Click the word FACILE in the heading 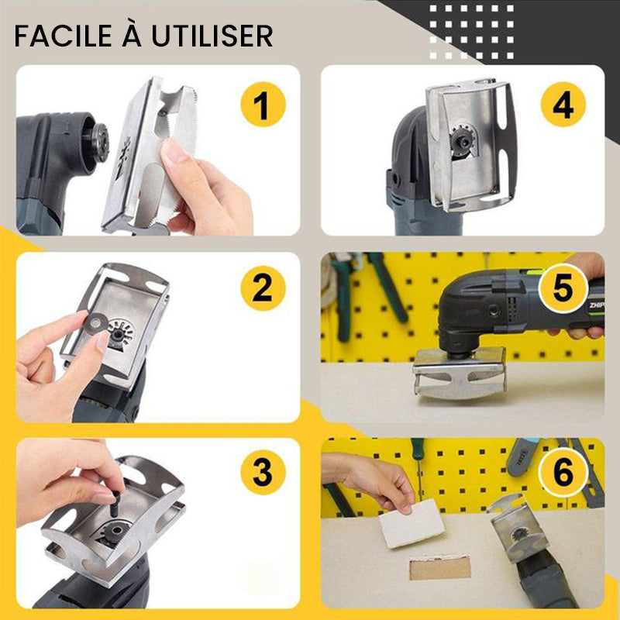pyautogui.click(x=64, y=36)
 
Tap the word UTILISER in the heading pyautogui.click(x=212, y=36)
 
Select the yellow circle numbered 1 pyautogui.click(x=263, y=105)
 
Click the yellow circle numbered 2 pyautogui.click(x=263, y=288)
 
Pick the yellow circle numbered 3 pyautogui.click(x=263, y=472)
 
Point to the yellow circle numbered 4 pyautogui.click(x=563, y=105)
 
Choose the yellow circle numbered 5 pyautogui.click(x=563, y=288)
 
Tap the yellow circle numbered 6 pyautogui.click(x=563, y=472)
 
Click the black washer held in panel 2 pyautogui.click(x=95, y=323)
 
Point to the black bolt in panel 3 pyautogui.click(x=115, y=504)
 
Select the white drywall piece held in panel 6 pyautogui.click(x=412, y=522)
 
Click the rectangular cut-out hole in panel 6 pyautogui.click(x=440, y=567)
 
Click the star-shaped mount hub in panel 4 pyautogui.click(x=462, y=140)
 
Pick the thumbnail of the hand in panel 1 pyautogui.click(x=174, y=150)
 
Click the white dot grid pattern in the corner pyautogui.click(x=471, y=32)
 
